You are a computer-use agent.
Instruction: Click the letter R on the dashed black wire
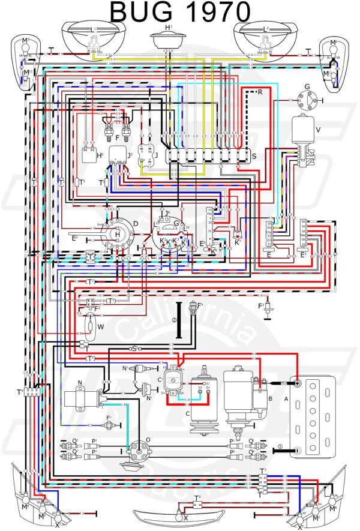point(260,92)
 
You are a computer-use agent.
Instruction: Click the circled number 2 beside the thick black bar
point(174,320)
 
